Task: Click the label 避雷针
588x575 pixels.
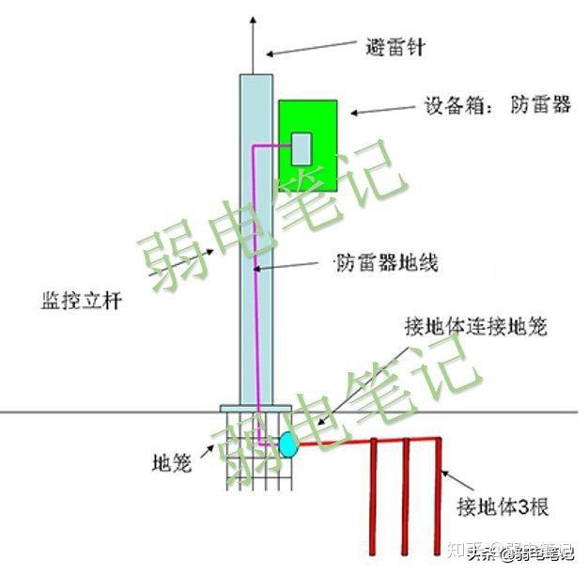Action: coord(395,45)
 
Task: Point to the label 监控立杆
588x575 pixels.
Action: coord(83,302)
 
